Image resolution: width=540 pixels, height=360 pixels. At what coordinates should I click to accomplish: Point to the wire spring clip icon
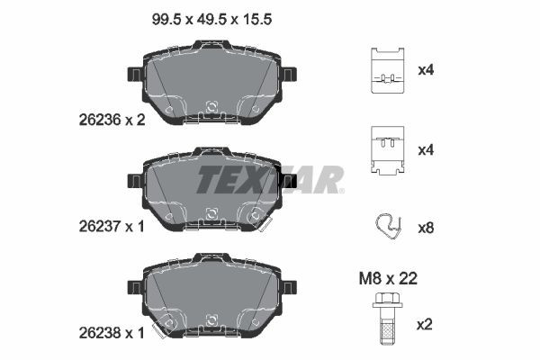(x=389, y=227)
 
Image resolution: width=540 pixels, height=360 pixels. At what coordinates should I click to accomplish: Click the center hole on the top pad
(x=211, y=105)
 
